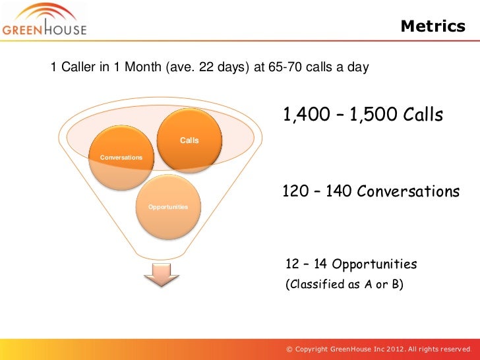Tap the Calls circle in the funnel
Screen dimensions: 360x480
[x=189, y=139]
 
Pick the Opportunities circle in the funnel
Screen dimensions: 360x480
[x=168, y=207]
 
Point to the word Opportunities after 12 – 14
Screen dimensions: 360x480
[x=375, y=264]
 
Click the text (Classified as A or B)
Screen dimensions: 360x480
[x=343, y=285]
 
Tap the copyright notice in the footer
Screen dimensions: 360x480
[x=378, y=348]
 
